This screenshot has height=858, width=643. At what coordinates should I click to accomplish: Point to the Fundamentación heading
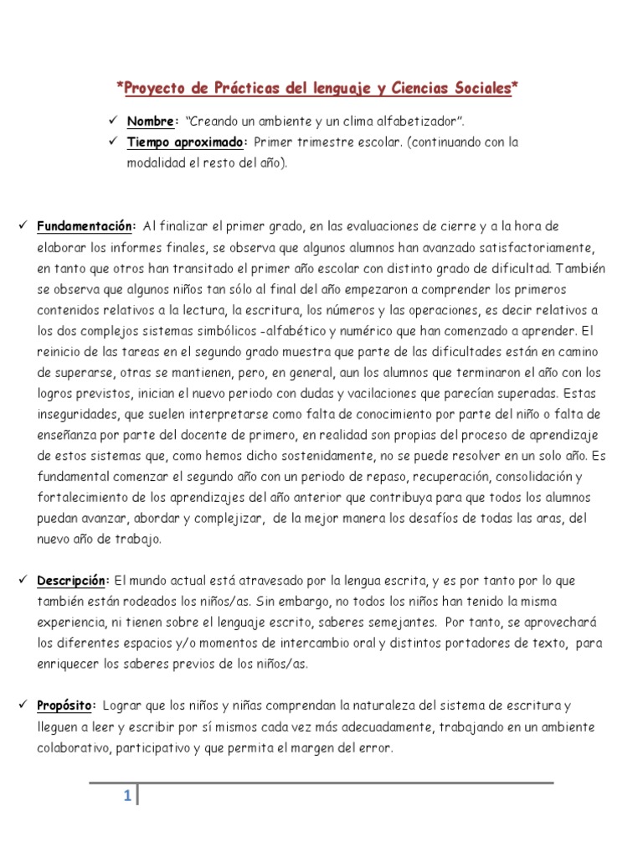[x=85, y=226]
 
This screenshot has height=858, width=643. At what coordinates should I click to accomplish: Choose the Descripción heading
[x=74, y=581]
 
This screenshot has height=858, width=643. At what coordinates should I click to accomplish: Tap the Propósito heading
[x=67, y=706]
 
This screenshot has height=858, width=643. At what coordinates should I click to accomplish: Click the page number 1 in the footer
[x=127, y=797]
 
